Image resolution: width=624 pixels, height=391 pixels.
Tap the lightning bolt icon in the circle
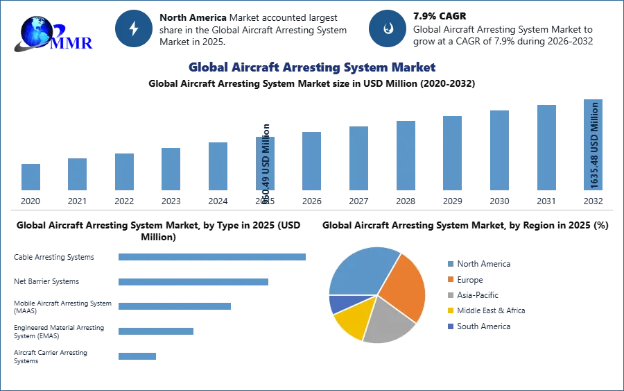coord(134,28)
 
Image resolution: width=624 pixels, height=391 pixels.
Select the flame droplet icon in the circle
coord(388,28)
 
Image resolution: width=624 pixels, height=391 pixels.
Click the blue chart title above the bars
coord(313,67)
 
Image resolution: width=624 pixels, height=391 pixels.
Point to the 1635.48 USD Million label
coord(594,145)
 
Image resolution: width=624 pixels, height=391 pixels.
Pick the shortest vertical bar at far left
coord(31,178)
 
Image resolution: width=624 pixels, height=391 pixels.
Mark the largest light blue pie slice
coord(361,271)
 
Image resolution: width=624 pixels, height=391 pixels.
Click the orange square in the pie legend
coord(450,279)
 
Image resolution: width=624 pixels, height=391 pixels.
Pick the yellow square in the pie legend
coord(450,311)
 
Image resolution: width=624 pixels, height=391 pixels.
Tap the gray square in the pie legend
coord(450,295)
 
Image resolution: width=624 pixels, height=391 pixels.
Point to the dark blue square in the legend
coord(450,327)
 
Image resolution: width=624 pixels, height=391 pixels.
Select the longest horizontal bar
coord(213,256)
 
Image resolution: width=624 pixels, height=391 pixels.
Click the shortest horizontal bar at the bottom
coord(138,356)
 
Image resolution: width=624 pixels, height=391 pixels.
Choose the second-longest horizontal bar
coord(193,283)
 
